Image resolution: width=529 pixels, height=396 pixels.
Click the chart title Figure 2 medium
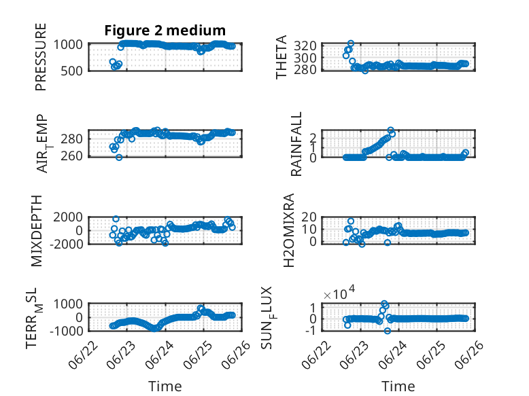165,31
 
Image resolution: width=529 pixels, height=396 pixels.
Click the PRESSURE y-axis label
41,57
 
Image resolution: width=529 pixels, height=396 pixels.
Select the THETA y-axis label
281,57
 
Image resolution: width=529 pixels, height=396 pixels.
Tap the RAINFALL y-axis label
296,144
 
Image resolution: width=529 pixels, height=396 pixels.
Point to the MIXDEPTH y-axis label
37,231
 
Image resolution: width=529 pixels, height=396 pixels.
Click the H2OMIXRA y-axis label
289,230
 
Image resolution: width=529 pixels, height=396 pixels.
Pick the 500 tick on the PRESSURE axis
71,71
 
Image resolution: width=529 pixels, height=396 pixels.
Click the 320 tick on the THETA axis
305,46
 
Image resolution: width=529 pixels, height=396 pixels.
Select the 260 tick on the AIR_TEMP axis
71,156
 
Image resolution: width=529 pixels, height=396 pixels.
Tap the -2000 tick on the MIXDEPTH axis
66,244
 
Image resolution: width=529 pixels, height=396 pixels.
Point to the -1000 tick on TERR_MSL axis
66,331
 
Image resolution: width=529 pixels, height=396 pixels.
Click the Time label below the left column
165,386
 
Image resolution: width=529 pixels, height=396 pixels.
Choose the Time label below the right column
398,386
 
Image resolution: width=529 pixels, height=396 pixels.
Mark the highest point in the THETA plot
351,43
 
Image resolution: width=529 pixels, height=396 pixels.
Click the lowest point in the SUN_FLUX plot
388,331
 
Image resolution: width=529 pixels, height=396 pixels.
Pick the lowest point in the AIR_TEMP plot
119,157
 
